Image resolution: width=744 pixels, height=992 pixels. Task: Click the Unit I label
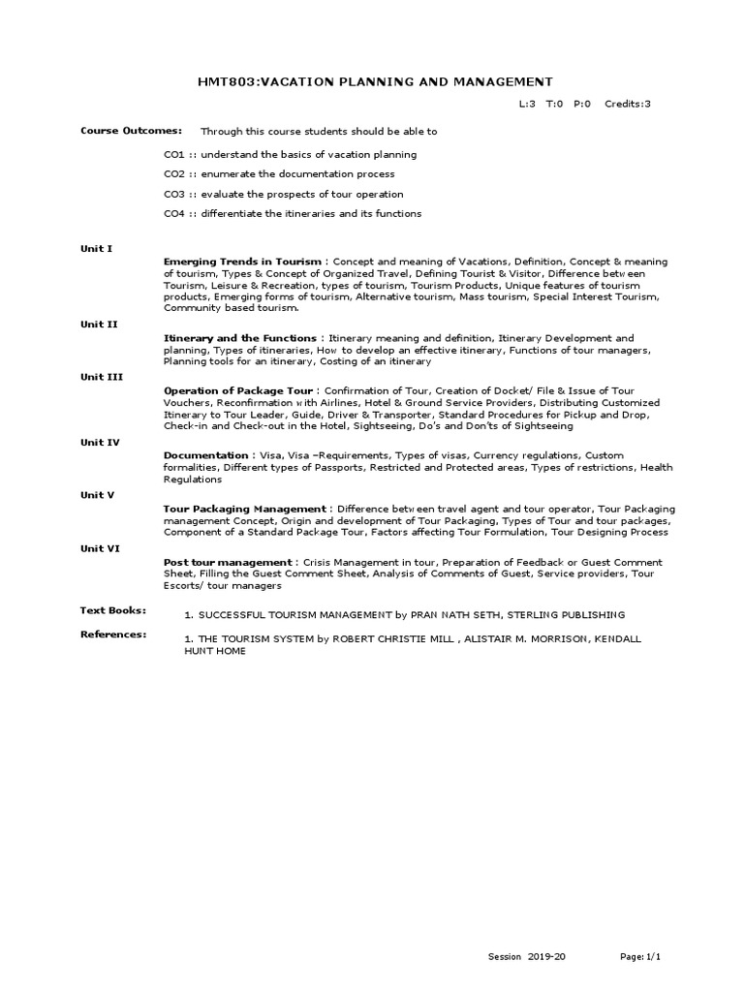point(96,249)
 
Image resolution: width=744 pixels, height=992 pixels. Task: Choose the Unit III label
point(101,377)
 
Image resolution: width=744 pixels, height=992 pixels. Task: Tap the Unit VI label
point(100,547)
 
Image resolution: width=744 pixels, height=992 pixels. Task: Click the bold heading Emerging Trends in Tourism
point(242,262)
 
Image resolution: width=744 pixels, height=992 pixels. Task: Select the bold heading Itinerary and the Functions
point(239,338)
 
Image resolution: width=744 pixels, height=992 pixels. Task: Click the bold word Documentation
point(206,455)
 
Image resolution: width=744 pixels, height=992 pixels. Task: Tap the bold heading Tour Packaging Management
point(246,509)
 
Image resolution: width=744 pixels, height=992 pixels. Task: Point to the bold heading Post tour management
point(228,562)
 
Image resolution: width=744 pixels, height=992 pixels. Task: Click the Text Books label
point(112,610)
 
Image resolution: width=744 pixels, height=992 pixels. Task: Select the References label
point(113,635)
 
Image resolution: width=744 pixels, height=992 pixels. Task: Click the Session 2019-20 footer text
point(527,957)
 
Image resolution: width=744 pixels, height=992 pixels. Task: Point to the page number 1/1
point(654,957)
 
